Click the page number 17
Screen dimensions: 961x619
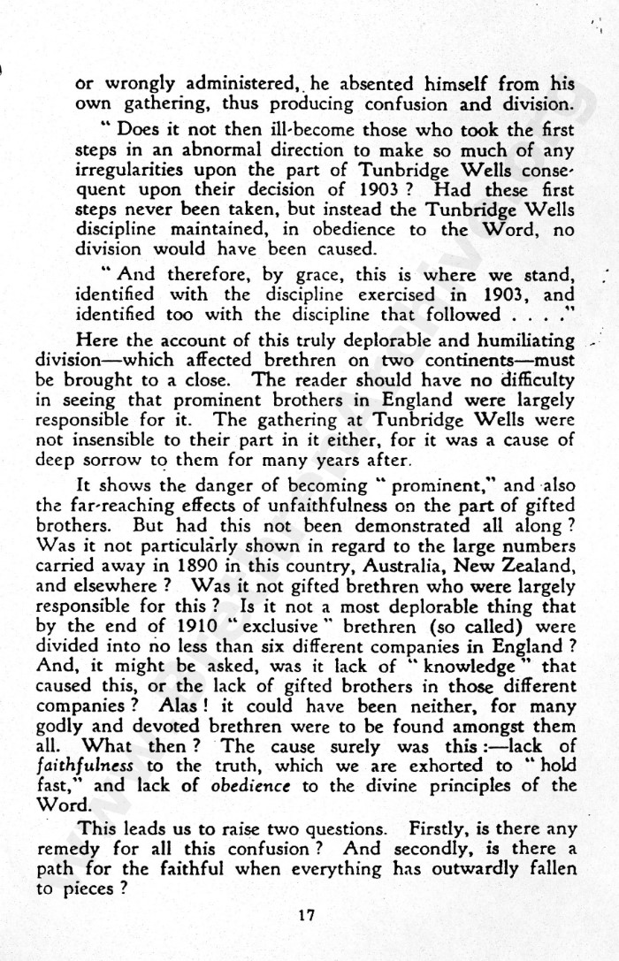coord(306,915)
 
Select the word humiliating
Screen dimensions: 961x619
coord(524,340)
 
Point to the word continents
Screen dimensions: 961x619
coord(450,361)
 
